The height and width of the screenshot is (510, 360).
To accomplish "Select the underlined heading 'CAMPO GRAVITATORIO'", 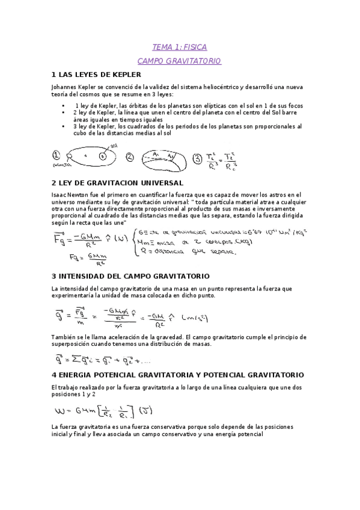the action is click(180, 61).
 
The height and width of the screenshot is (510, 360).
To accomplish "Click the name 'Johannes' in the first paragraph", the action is click(64, 87).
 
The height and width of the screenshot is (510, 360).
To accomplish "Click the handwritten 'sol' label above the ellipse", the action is click(113, 146).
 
